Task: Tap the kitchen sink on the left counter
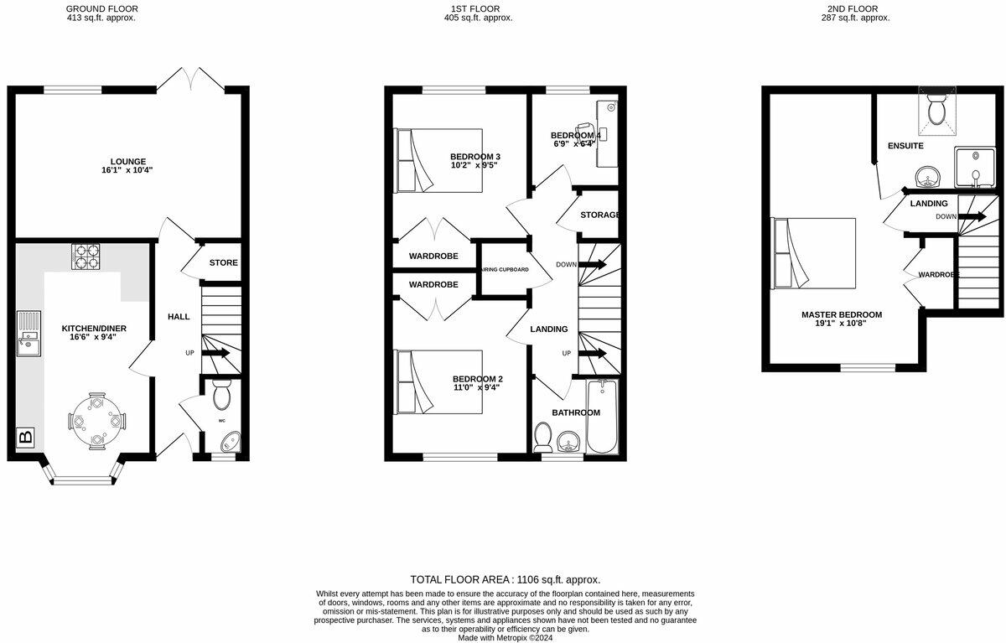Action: (29, 330)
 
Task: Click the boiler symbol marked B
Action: (25, 437)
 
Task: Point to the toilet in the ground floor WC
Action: (222, 394)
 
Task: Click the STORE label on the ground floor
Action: (223, 262)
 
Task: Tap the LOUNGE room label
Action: (127, 162)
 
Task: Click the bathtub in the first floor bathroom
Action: (601, 416)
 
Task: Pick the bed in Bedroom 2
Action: (438, 381)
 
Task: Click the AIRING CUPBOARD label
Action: (503, 270)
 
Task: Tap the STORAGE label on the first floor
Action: (599, 215)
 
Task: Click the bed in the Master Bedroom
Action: (813, 253)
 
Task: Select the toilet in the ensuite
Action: (936, 110)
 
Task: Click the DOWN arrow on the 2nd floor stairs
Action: (972, 216)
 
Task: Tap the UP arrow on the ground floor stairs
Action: (215, 353)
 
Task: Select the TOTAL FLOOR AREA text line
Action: (505, 579)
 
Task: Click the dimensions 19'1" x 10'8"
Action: (841, 325)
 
